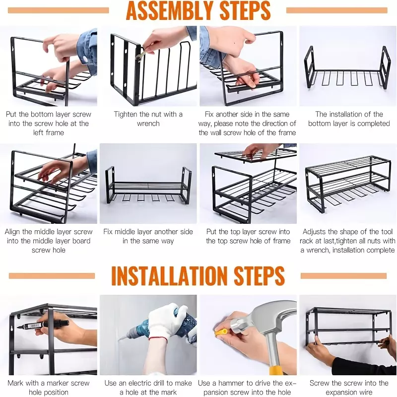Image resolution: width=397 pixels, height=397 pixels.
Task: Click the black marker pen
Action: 44,325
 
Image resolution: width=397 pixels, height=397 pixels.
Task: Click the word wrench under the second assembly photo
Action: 148,124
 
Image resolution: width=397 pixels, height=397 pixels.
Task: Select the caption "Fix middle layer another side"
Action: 148,232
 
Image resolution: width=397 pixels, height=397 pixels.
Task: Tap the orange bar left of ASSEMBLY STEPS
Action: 58,10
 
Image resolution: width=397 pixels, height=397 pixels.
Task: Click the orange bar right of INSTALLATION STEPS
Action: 343,276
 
